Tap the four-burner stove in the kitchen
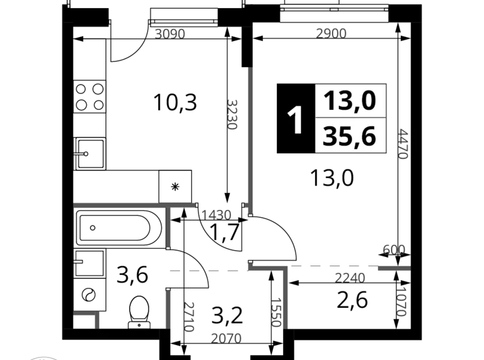click(x=89, y=97)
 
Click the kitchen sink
click(x=90, y=154)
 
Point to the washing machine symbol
click(x=89, y=295)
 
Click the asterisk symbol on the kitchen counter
click(x=175, y=186)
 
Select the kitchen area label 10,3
click(x=175, y=102)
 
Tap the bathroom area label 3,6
click(x=132, y=276)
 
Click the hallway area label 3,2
click(x=227, y=315)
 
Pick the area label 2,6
click(x=352, y=300)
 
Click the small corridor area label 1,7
click(x=225, y=232)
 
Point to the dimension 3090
click(x=170, y=34)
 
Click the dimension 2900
click(x=331, y=34)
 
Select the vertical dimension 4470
click(x=403, y=144)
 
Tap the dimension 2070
click(x=226, y=339)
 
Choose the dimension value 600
click(x=394, y=250)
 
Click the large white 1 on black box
click(x=295, y=119)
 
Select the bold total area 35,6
click(x=349, y=137)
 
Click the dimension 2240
click(x=350, y=278)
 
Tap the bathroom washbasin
click(x=89, y=263)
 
